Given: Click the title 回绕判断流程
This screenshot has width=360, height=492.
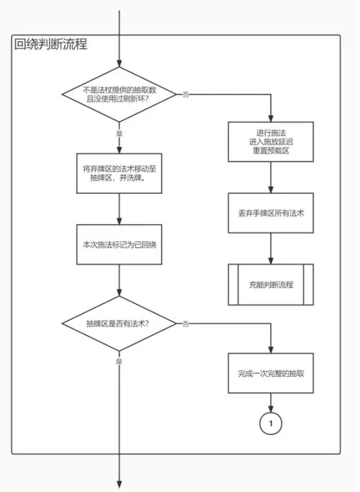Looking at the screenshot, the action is [x=50, y=44].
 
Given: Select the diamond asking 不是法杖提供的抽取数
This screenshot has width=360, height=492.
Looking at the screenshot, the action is [x=120, y=94].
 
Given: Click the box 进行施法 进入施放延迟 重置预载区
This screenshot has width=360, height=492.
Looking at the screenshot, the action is [x=271, y=142].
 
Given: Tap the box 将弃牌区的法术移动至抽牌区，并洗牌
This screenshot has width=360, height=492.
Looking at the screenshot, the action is [x=120, y=173].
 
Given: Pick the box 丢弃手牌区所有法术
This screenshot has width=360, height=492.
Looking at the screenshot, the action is [x=271, y=213].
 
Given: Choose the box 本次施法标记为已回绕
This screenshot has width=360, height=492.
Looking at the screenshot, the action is [x=120, y=244].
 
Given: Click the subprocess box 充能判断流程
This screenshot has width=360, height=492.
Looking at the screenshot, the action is [x=271, y=285].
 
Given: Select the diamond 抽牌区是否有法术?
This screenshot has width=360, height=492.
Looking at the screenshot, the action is [x=120, y=323].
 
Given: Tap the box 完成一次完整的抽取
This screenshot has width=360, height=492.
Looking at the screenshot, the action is [x=271, y=373].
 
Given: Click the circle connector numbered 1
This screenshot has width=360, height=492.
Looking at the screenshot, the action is [x=271, y=424].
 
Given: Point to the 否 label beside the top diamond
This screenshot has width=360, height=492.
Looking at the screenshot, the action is [x=186, y=94].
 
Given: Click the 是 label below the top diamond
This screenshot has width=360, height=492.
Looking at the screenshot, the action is [x=120, y=133].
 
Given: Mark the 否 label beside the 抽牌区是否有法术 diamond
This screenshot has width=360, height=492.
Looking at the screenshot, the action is [x=186, y=323].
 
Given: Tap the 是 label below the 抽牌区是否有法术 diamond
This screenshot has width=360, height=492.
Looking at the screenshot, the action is [x=120, y=362].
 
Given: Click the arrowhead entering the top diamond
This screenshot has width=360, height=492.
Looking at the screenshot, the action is [x=120, y=63].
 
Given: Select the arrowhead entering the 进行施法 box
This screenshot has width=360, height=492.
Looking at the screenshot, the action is [x=271, y=118].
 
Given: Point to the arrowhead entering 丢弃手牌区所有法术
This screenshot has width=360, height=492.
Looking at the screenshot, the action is [x=271, y=189].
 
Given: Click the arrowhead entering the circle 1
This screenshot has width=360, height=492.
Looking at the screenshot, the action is [x=271, y=408].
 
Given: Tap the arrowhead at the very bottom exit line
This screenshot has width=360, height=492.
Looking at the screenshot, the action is [x=120, y=485].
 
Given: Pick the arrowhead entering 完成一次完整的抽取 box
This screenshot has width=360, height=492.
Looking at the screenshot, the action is [x=271, y=349].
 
